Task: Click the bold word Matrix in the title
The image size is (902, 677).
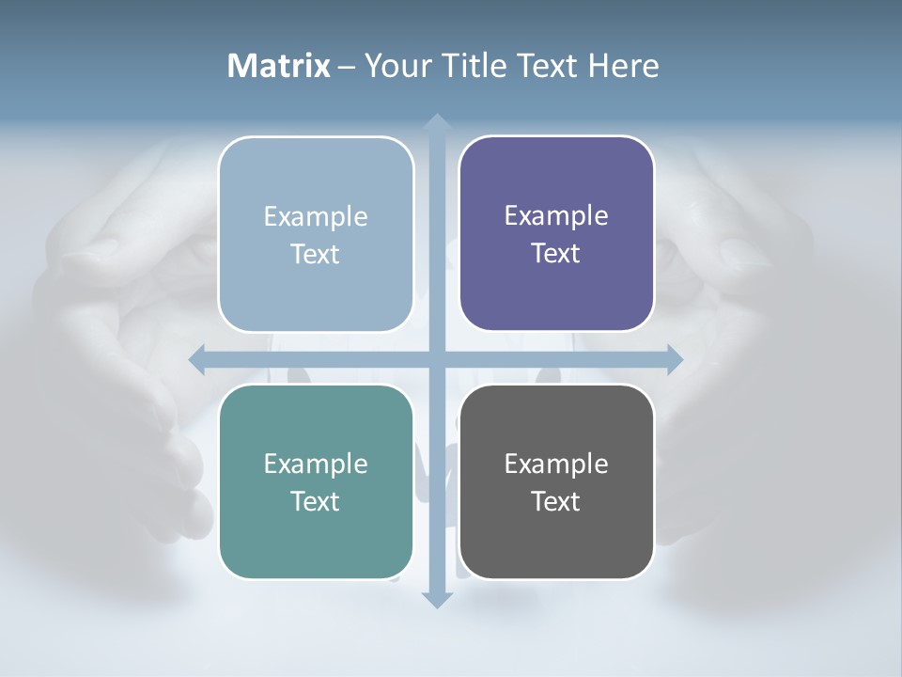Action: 279,66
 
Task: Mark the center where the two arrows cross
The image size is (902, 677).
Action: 436,359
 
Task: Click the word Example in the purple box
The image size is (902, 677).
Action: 556,215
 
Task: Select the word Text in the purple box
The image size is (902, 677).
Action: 556,253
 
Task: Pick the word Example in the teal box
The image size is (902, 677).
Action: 316,464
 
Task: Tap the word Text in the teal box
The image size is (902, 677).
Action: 316,501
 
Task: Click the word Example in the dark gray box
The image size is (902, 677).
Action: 556,464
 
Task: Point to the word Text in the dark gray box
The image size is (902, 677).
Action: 556,501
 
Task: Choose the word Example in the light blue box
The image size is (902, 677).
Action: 316,216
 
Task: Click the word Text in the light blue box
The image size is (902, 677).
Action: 316,254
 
